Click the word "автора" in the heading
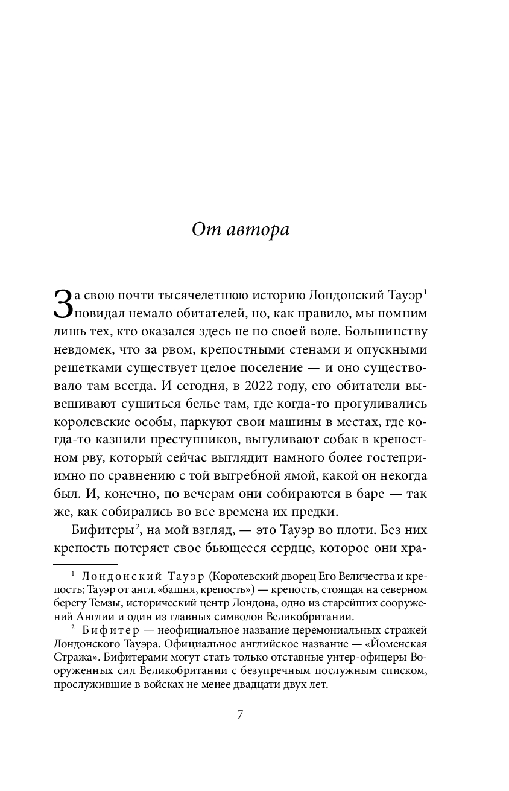(259, 230)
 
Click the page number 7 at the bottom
(240, 715)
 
